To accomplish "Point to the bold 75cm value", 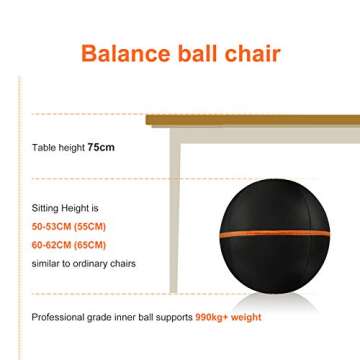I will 101,147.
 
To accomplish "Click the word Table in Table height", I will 43,147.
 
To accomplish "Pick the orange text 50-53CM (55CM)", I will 69,227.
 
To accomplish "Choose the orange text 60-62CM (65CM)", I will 69,244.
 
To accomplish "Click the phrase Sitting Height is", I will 65,209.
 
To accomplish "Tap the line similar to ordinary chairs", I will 83,264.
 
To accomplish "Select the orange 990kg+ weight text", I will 228,317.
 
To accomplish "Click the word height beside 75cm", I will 71,147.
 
